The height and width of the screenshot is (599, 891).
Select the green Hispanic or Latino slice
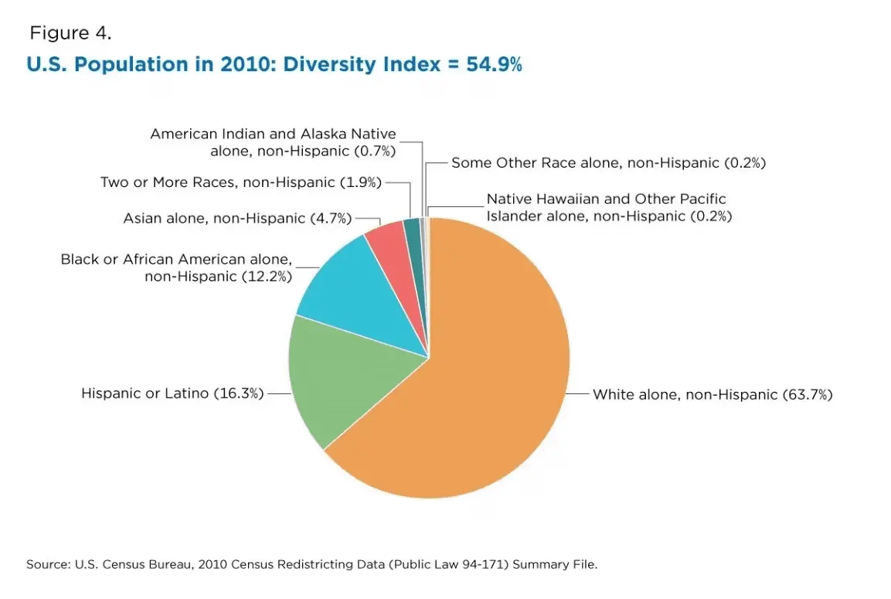(340, 379)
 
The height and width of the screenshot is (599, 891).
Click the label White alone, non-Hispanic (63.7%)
(712, 394)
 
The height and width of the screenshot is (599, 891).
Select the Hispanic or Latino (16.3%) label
(172, 393)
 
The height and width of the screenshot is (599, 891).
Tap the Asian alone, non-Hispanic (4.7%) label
(237, 218)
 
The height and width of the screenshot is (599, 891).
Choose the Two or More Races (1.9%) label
(242, 182)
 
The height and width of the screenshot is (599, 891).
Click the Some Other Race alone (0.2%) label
(608, 163)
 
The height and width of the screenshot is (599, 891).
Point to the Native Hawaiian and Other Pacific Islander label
(608, 208)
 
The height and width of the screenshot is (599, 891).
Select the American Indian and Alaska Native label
(273, 142)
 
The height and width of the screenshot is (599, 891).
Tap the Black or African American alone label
(177, 267)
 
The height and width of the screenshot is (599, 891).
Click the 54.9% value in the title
(494, 65)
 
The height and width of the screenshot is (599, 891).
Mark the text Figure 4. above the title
(70, 33)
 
